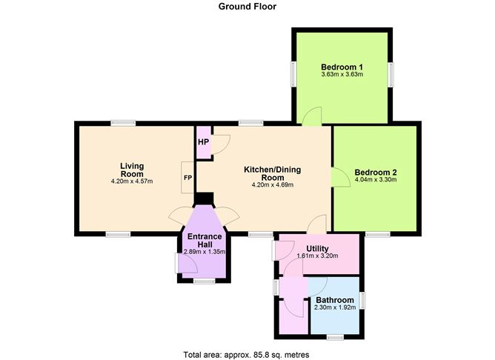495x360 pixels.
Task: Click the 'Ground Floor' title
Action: (247, 7)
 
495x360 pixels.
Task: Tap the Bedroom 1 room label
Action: (342, 65)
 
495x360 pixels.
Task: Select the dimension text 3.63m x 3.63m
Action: (342, 74)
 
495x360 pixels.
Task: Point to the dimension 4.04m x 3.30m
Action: (376, 179)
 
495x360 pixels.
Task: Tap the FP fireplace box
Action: (187, 178)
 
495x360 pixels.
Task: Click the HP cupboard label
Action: (202, 141)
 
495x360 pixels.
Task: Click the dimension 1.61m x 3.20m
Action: (317, 256)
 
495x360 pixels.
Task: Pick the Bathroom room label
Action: (335, 299)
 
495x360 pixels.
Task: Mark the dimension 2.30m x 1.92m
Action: (335, 308)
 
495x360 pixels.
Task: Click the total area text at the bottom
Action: (246, 354)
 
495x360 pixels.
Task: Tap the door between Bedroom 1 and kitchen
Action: (314, 116)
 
